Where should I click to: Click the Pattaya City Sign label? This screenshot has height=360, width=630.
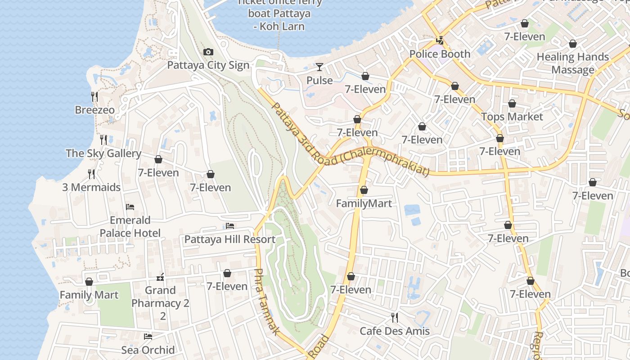(208, 65)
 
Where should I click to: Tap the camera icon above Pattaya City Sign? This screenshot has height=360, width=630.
(208, 52)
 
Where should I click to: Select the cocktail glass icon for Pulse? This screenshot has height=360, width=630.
(319, 67)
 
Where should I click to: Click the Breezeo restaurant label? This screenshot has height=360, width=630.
(94, 110)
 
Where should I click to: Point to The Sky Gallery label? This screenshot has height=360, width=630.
(103, 153)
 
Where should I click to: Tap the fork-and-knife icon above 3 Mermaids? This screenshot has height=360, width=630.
(91, 174)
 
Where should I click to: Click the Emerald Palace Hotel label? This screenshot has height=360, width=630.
(130, 226)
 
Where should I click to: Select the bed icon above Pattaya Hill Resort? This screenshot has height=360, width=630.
(230, 226)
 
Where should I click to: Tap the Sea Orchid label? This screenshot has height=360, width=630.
(148, 350)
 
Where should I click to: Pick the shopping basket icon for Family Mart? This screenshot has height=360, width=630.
(89, 282)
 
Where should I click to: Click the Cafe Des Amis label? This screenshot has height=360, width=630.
(395, 332)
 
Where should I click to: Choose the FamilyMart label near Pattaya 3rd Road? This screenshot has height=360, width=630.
(364, 204)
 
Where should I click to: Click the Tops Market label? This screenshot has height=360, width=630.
(512, 117)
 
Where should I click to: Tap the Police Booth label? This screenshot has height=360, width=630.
(440, 54)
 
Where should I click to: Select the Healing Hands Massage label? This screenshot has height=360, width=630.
(573, 63)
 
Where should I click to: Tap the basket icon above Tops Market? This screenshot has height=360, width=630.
(512, 104)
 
